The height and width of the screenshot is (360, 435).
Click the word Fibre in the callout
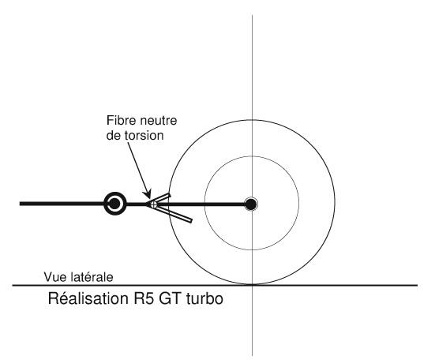pos(122,121)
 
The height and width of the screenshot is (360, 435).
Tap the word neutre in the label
pos(159,122)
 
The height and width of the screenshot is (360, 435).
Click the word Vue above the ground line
pos(53,277)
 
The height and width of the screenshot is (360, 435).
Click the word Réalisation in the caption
pos(88,298)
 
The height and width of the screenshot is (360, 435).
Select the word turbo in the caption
pos(204,298)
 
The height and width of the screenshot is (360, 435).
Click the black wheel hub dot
pos(251,204)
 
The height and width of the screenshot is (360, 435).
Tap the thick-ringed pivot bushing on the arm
pos(114,204)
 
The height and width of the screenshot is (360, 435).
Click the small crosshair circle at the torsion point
pos(153,204)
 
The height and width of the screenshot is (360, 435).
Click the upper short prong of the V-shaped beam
pos(162,199)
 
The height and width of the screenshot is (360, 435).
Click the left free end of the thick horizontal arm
pos(20,204)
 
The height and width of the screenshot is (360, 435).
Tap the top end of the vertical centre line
pos(252,15)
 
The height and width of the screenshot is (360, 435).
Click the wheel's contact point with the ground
pos(252,284)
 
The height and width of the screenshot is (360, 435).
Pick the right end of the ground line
pos(418,285)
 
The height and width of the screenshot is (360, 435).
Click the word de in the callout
pos(114,136)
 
